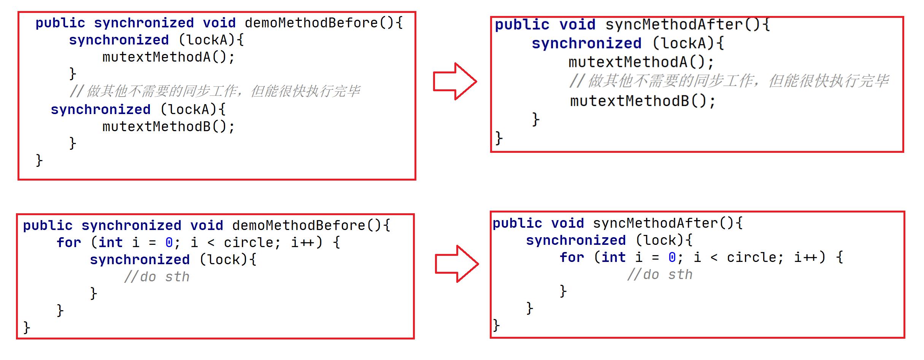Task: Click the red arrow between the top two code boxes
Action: click(x=455, y=81)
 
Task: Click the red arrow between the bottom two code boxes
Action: click(x=456, y=264)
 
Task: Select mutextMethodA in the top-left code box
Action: click(x=156, y=57)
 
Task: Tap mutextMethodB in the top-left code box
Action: click(x=156, y=127)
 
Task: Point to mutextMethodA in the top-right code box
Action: click(x=628, y=62)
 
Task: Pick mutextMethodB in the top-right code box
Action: click(x=629, y=101)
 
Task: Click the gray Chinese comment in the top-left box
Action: click(x=215, y=91)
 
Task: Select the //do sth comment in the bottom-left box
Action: click(x=157, y=277)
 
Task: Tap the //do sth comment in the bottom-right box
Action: click(x=660, y=274)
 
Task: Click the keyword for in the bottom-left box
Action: click(x=69, y=243)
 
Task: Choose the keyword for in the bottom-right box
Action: click(x=572, y=257)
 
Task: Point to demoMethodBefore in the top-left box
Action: click(x=311, y=23)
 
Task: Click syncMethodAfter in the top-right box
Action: click(x=674, y=25)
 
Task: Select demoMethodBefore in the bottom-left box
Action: click(x=298, y=225)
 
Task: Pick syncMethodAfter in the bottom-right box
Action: click(x=655, y=223)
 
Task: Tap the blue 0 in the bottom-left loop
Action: click(x=169, y=243)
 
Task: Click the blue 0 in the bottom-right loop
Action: click(x=672, y=257)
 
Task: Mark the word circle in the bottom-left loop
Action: click(x=248, y=243)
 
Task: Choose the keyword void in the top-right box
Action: click(x=577, y=25)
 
